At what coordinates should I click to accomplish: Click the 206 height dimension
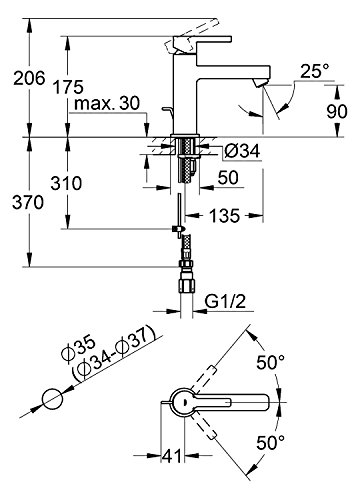(x=29, y=79)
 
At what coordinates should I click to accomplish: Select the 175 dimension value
(x=68, y=87)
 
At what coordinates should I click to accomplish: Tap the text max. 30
(x=107, y=104)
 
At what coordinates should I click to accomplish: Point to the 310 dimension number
(x=66, y=183)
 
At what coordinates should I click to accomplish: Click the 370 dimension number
(x=28, y=202)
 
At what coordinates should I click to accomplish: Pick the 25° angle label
(x=314, y=71)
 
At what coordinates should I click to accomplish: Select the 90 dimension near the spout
(x=337, y=111)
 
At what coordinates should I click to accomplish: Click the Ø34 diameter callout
(x=242, y=152)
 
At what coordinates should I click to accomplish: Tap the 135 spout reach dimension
(x=224, y=216)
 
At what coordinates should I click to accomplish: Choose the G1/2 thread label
(x=225, y=302)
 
